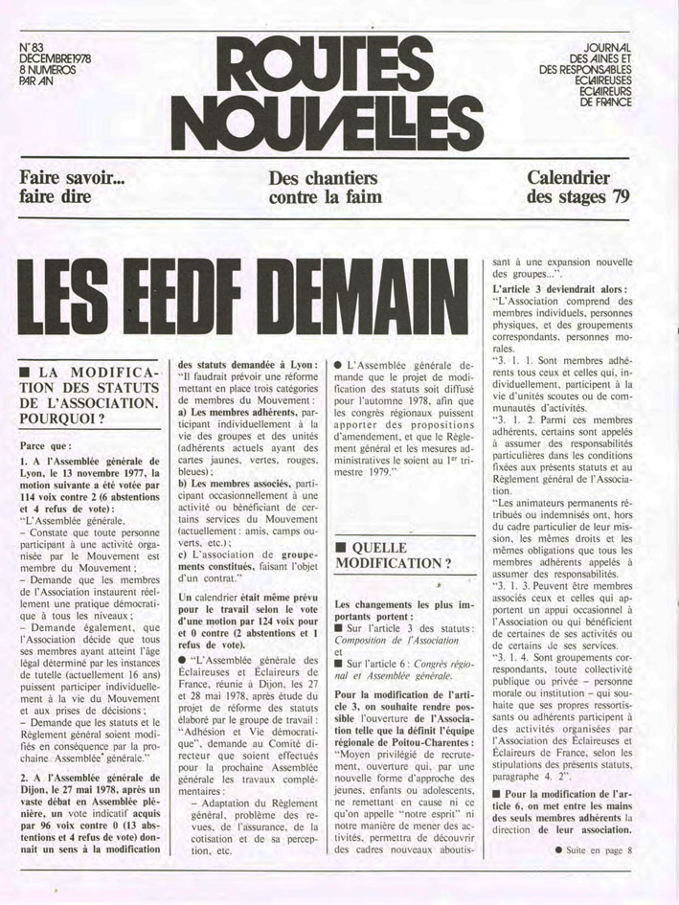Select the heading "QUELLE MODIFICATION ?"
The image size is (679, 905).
(402, 554)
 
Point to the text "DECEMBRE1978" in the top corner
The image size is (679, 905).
(55, 58)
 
